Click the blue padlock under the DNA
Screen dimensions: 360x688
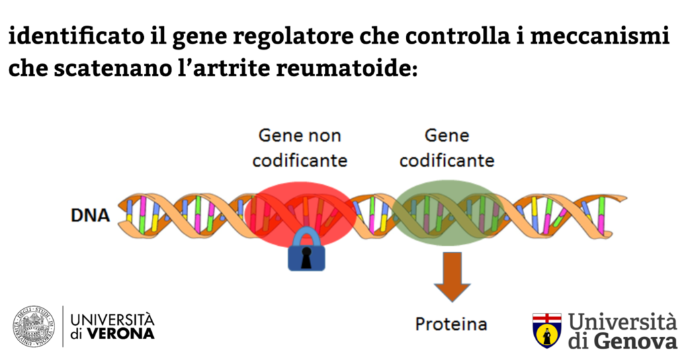[x=306, y=251]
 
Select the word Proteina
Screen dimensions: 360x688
[x=451, y=324]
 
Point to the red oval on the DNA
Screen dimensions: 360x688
[x=296, y=208]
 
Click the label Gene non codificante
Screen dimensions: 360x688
[x=300, y=148]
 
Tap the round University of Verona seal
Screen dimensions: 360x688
[x=34, y=326]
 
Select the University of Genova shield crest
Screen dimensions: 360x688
[x=546, y=330]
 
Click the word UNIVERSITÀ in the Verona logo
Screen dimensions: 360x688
[x=112, y=319]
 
